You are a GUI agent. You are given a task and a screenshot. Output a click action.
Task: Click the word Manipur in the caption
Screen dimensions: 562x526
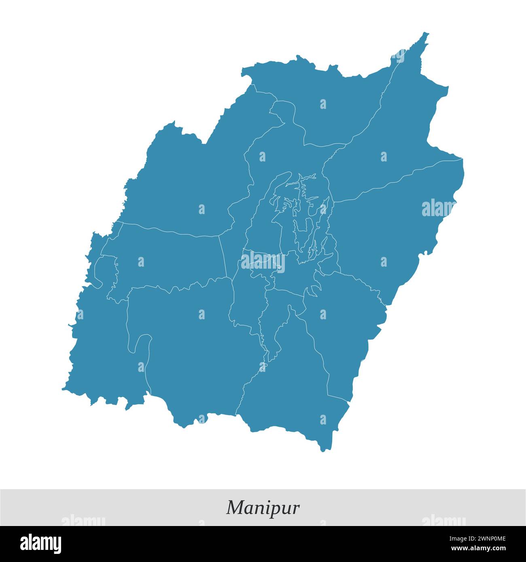[x=263, y=507]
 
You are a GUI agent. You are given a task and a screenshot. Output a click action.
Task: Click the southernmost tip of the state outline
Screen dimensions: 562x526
[x=323, y=450]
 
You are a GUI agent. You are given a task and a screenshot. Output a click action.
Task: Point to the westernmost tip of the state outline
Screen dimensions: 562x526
[x=63, y=390]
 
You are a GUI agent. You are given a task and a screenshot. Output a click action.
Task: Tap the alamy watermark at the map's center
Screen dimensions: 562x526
[x=263, y=262]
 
